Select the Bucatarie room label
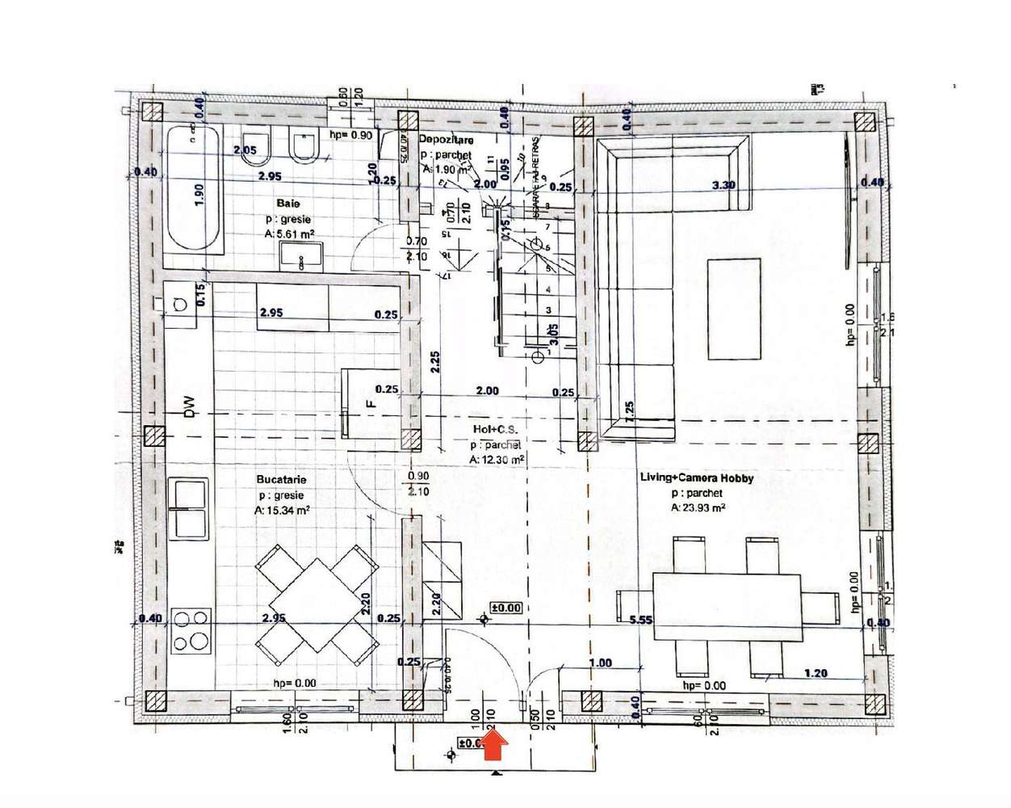click(x=283, y=479)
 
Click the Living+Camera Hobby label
click(x=697, y=478)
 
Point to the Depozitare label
click(x=446, y=140)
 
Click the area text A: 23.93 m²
click(x=697, y=508)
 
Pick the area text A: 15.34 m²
click(x=283, y=511)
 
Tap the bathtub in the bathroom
click(x=194, y=190)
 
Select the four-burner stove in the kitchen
click(x=191, y=632)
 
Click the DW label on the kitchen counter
click(x=189, y=406)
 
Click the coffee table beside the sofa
click(x=733, y=308)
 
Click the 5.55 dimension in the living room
click(x=640, y=621)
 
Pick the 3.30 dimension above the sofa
click(x=723, y=185)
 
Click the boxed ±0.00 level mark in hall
click(x=507, y=608)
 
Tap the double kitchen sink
click(x=189, y=508)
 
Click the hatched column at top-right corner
click(x=865, y=123)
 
